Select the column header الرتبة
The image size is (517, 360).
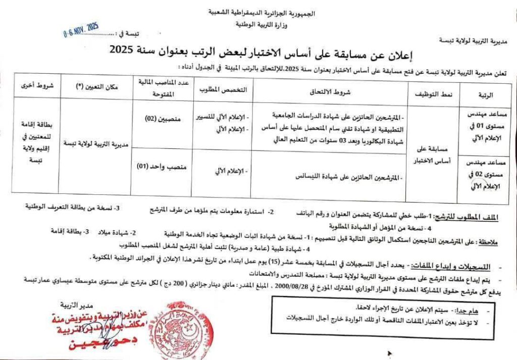coord(484,95)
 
